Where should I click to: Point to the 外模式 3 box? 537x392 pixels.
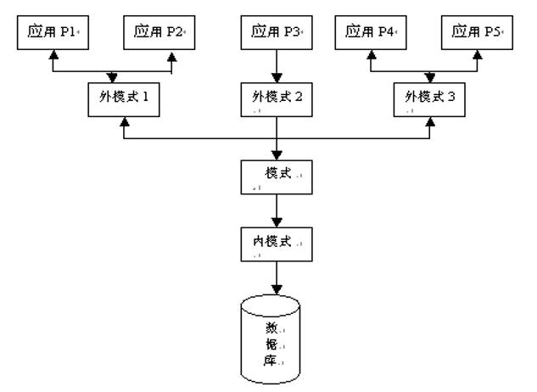(430, 100)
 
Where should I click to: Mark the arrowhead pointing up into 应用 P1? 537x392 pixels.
(53, 53)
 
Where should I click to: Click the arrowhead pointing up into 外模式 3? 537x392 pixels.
(430, 122)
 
